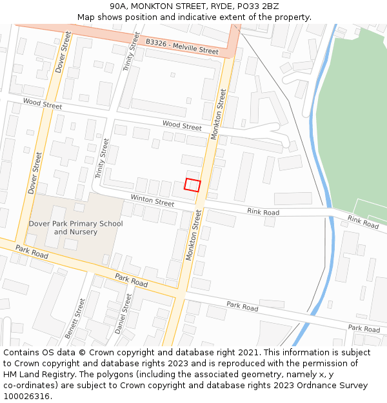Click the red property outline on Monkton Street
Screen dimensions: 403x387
point(192,184)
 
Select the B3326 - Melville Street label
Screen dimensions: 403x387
point(182,45)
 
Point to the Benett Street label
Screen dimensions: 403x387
point(79,318)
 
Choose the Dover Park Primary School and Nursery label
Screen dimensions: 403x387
point(75,228)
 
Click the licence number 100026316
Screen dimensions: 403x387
point(26,397)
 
